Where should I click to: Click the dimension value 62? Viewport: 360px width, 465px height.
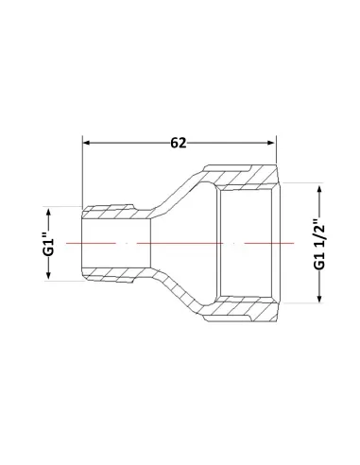pyautogui.click(x=179, y=143)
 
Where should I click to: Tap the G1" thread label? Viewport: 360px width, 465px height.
pyautogui.click(x=49, y=244)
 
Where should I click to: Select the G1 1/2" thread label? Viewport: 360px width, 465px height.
pyautogui.click(x=319, y=243)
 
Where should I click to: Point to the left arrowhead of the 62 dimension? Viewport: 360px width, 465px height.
pyautogui.click(x=86, y=143)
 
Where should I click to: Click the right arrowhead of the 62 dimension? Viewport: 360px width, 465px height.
pyautogui.click(x=271, y=143)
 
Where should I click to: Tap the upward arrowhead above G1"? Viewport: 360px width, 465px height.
pyautogui.click(x=48, y=212)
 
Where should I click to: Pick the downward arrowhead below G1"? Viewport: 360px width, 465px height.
pyautogui.click(x=48, y=275)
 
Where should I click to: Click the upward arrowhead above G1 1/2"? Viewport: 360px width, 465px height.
pyautogui.click(x=319, y=190)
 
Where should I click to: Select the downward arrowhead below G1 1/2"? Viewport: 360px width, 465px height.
pyautogui.click(x=319, y=298)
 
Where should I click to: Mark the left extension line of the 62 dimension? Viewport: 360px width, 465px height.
pyautogui.click(x=82, y=172)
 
